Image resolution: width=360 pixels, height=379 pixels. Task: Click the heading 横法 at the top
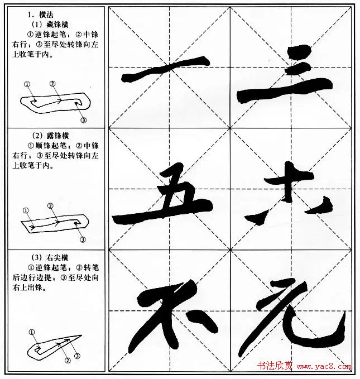coord(41,15)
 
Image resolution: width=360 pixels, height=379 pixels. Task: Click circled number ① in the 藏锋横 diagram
coord(27,84)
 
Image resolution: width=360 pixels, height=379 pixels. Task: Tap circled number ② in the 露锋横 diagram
coord(50,206)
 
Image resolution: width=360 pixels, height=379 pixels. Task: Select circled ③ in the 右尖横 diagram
coord(77,356)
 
